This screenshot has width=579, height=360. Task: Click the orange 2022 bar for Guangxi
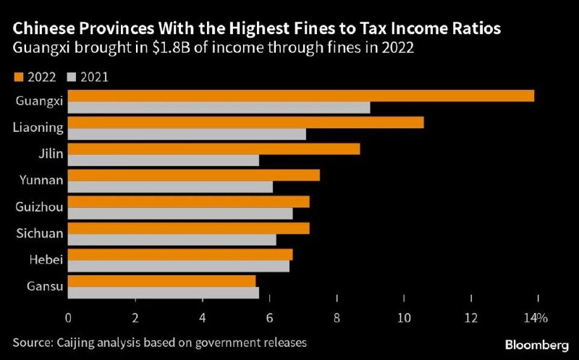pos(301,96)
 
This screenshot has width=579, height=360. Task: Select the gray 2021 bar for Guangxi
pos(219,107)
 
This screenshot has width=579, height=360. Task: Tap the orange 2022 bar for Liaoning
pos(246,122)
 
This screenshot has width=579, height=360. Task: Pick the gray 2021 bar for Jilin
pos(164,160)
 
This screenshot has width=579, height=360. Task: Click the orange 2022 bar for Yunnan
pos(194,175)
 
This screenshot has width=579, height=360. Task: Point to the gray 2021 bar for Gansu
pos(164,293)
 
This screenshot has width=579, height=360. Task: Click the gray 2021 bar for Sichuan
pos(172,240)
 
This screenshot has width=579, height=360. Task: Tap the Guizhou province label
pos(39,207)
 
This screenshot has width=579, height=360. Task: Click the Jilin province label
pos(51,154)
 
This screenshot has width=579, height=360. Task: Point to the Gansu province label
pos(43,287)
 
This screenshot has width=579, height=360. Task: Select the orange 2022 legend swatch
pos(18,76)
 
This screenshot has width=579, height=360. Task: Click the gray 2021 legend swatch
pos(72,76)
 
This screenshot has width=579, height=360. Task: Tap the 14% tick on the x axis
pos(536,318)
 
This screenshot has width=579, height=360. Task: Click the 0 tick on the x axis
pos(68,318)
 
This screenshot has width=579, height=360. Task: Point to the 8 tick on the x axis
pos(337,318)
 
